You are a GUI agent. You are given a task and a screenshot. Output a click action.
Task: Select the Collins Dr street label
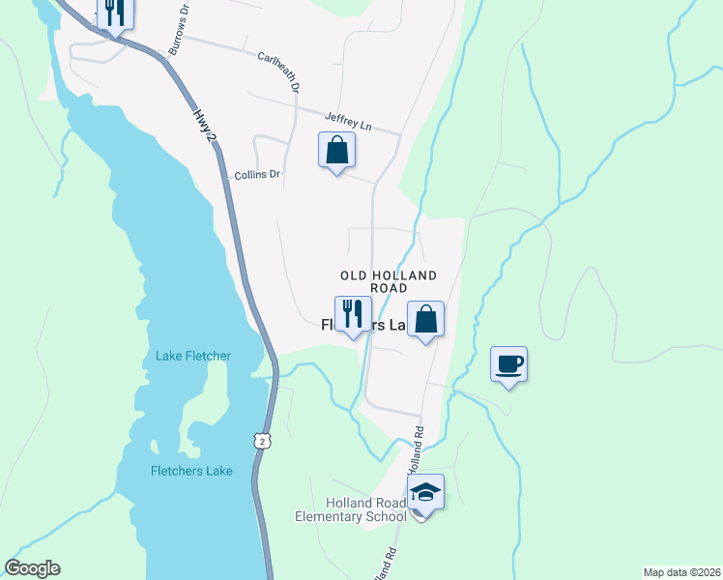(x=257, y=175)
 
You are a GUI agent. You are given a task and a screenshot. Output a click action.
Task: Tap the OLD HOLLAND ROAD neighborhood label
(x=388, y=281)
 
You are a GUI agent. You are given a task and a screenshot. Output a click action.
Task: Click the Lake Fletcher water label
(x=193, y=356)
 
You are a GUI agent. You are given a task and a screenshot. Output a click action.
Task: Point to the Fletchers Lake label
(x=191, y=471)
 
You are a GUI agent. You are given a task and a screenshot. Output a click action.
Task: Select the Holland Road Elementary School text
(x=352, y=509)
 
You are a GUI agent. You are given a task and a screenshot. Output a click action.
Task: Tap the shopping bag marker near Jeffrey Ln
(x=336, y=151)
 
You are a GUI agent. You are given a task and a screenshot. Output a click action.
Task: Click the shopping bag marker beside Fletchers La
(x=425, y=319)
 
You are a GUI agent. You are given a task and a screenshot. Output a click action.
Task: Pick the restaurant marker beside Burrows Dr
(x=115, y=13)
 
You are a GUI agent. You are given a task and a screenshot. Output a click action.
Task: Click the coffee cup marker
(x=508, y=363)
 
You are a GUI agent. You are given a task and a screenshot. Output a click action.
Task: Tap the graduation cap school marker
(x=425, y=492)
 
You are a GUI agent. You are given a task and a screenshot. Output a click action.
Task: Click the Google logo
(x=32, y=568)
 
